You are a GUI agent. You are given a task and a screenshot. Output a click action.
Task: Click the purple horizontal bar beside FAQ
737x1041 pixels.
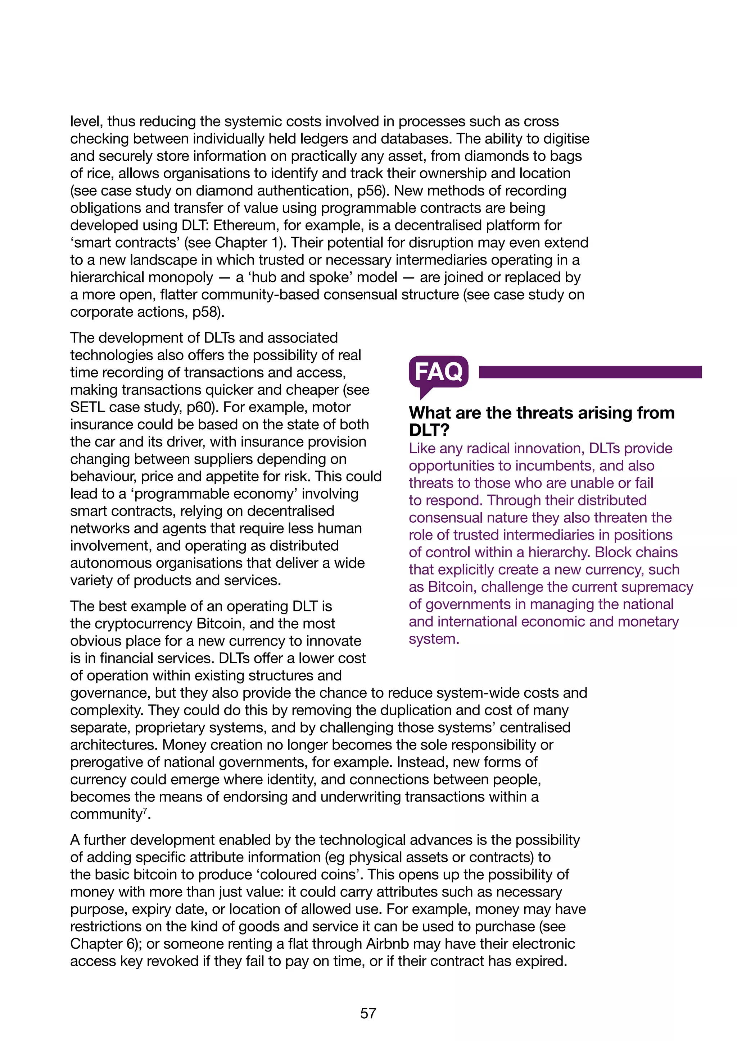pos(590,372)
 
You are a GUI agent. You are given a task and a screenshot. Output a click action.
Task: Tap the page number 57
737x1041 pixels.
pos(368,1013)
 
